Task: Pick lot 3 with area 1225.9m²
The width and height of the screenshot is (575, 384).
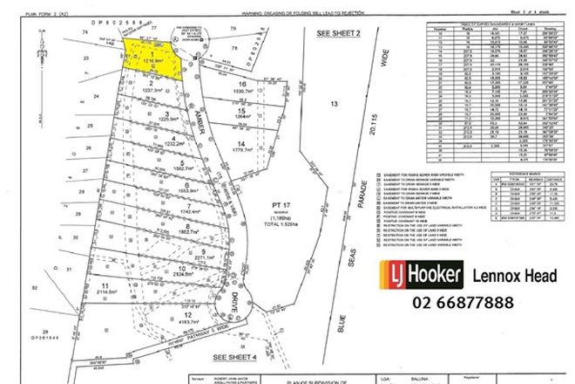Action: pyautogui.click(x=165, y=116)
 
